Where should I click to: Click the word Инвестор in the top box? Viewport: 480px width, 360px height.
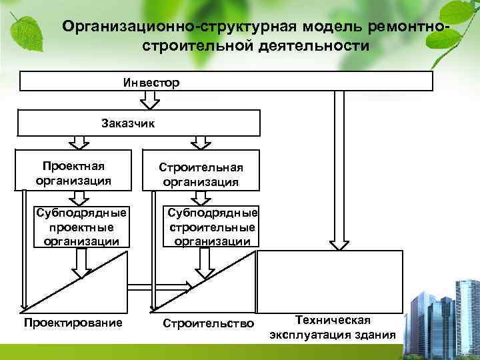click(151, 83)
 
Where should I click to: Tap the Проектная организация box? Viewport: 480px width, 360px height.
click(74, 172)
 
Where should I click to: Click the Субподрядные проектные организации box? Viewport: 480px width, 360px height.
click(81, 227)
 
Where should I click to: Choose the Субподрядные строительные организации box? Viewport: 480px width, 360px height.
click(213, 227)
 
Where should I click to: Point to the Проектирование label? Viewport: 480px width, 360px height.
click(73, 323)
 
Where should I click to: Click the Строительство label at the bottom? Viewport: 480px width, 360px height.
click(209, 324)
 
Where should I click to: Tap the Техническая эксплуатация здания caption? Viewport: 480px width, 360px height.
click(332, 327)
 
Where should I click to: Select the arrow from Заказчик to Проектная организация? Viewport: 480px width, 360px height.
click(79, 142)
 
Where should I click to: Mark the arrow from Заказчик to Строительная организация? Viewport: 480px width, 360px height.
click(199, 142)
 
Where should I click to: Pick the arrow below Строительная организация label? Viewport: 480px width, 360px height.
click(199, 197)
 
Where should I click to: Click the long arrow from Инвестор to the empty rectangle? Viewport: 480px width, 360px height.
click(339, 167)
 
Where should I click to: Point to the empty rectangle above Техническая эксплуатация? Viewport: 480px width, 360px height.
click(330, 280)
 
